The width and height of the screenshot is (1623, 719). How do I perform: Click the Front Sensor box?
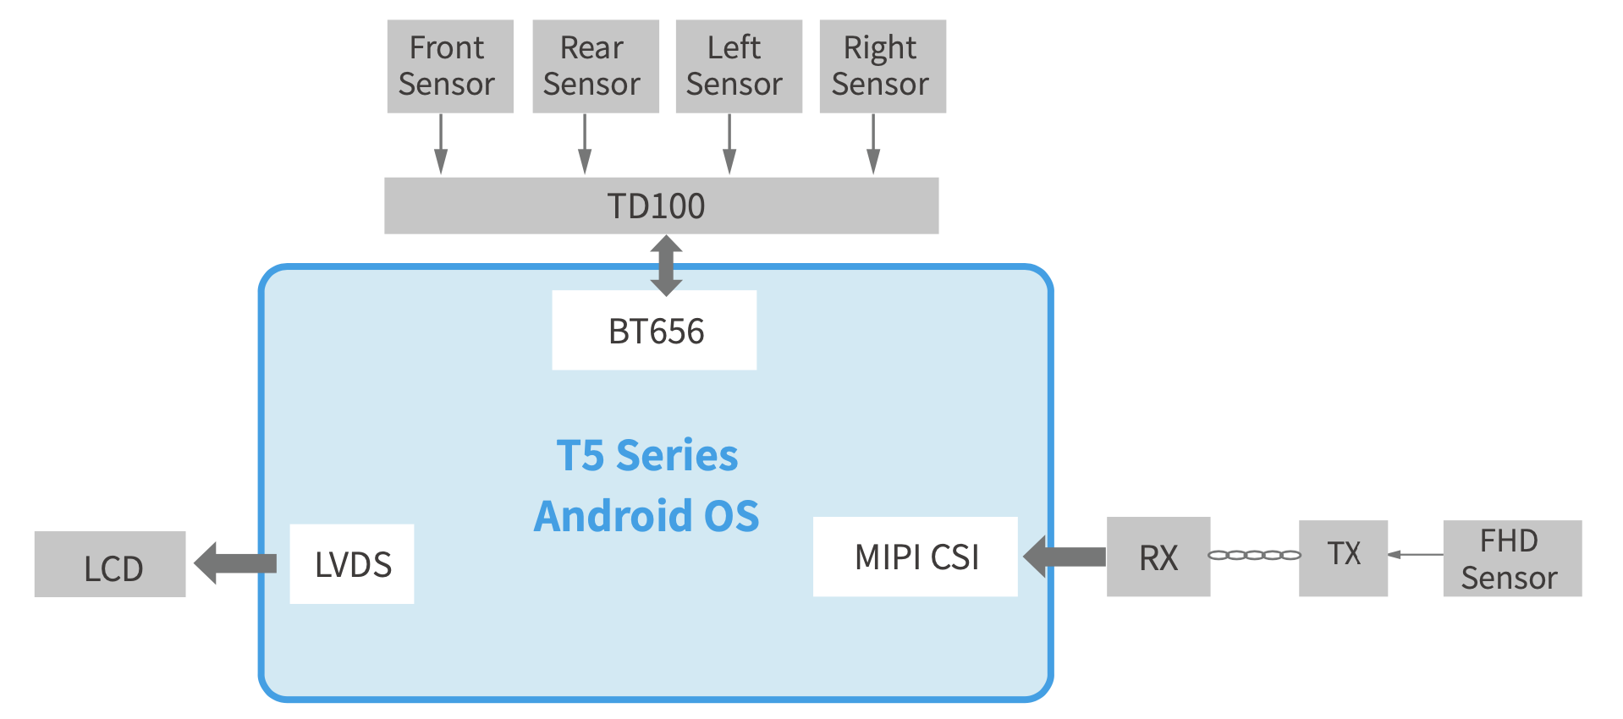[x=449, y=66]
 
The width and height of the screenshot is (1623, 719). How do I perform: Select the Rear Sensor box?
[x=595, y=66]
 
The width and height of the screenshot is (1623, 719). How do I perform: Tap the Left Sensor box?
[x=738, y=66]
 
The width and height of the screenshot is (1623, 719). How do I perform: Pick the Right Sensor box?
[x=882, y=66]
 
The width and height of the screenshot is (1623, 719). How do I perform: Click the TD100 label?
[x=657, y=206]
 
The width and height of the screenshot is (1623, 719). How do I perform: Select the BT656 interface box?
[x=654, y=330]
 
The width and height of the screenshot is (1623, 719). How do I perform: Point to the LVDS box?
[x=352, y=563]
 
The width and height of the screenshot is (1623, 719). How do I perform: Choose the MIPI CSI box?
[x=915, y=557]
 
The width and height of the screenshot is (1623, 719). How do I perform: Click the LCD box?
[x=110, y=564]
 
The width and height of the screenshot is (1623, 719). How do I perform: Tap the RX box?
[x=1158, y=557]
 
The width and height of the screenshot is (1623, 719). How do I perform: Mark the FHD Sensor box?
[x=1511, y=558]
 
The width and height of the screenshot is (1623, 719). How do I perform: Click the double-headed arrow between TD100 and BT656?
[x=666, y=265]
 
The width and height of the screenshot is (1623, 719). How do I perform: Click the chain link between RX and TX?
[x=1254, y=555]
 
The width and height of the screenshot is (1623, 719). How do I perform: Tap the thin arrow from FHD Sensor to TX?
[x=1415, y=555]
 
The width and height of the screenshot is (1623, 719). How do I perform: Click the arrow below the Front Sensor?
[x=441, y=144]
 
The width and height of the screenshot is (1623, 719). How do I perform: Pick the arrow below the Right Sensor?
[x=873, y=144]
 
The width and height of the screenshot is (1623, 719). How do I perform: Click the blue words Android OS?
[x=646, y=516]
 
